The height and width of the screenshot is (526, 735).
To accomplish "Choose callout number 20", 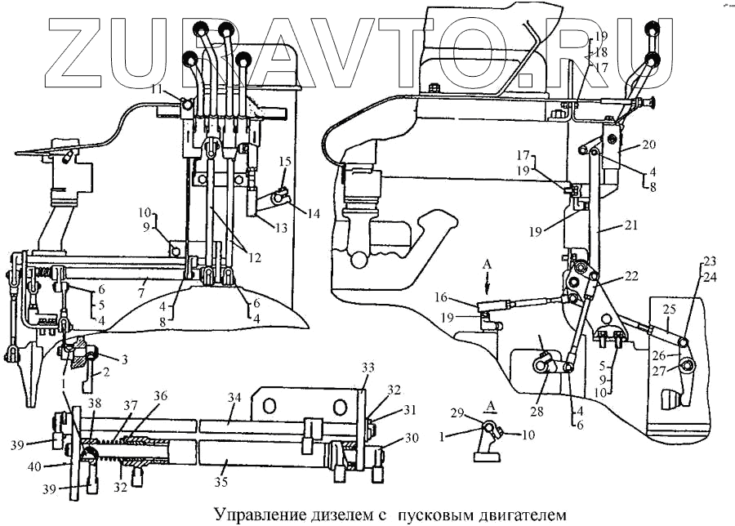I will (649, 145).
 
